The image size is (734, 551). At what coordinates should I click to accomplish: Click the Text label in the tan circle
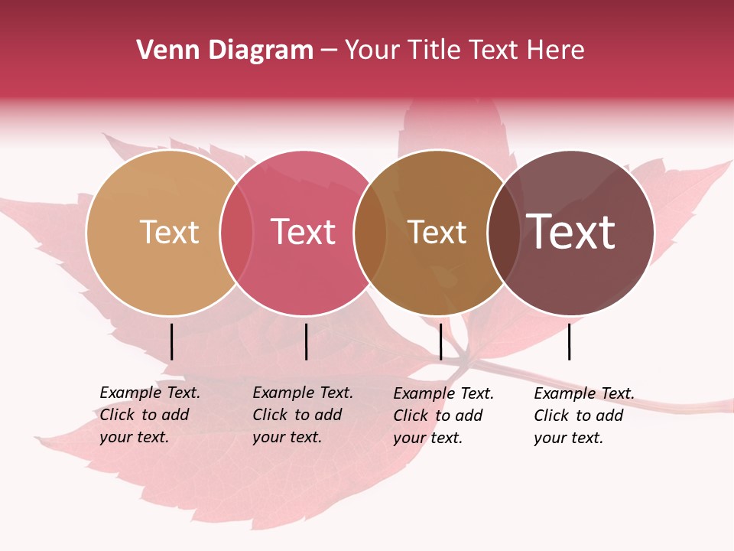coord(169,232)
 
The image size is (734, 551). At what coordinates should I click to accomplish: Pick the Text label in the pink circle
coord(304,232)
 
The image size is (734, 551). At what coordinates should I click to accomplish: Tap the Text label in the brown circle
coord(437,232)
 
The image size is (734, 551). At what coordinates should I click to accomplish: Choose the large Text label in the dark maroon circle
coord(571,232)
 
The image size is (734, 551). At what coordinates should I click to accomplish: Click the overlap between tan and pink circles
coord(236,233)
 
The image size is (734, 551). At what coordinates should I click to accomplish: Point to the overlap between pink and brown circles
coord(370,233)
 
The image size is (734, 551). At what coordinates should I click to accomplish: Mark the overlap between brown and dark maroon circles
coord(503,233)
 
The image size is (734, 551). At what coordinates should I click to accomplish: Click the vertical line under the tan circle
coord(172,341)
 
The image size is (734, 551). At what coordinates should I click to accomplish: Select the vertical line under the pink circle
coord(306,341)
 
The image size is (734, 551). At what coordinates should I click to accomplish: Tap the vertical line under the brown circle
coord(440,341)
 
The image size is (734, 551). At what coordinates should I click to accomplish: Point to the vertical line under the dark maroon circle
coord(570,341)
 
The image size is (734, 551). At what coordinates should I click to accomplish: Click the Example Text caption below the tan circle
coord(150,415)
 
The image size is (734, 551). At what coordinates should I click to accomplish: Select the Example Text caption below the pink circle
coord(303,415)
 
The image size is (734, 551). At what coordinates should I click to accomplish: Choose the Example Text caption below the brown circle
coord(443,416)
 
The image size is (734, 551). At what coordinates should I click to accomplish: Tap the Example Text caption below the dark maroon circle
coord(584,416)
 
